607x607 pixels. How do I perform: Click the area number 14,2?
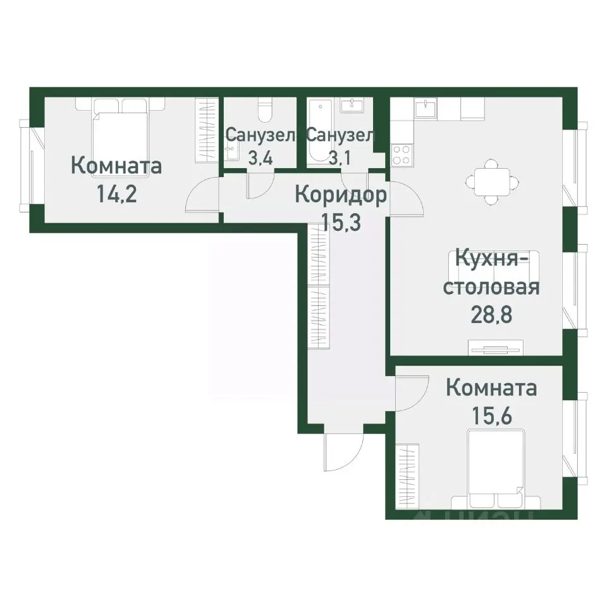[116, 192]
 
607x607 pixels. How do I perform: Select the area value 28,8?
[491, 314]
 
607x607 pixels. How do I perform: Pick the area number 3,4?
[260, 157]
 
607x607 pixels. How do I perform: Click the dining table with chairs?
[491, 180]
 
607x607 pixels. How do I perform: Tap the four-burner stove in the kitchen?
[402, 154]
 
